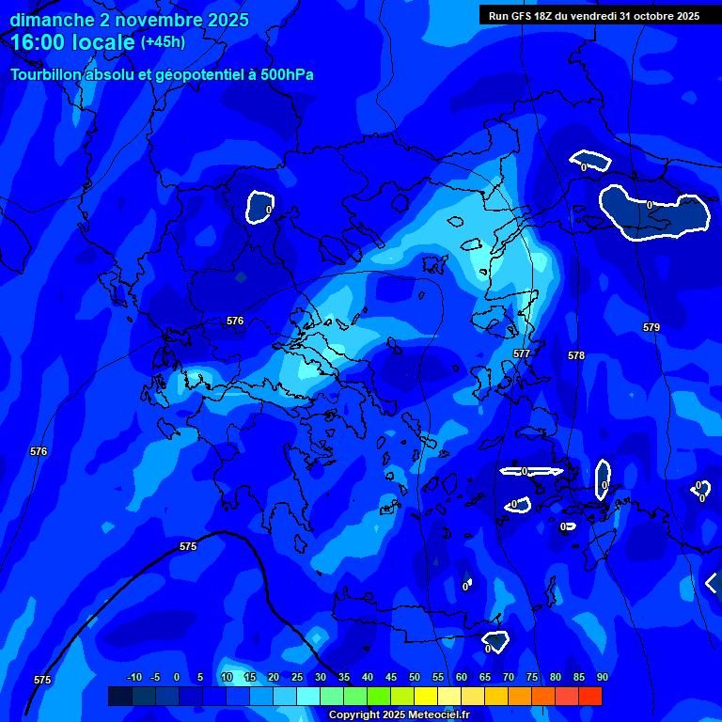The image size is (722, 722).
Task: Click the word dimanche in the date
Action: pos(47,20)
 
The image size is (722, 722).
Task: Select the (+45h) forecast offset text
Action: pos(163,42)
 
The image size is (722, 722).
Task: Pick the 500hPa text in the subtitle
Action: pos(285,74)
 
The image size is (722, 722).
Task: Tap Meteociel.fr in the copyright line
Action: pos(438,715)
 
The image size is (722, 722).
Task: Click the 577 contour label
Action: pos(522,353)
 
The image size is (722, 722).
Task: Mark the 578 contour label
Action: pos(576,355)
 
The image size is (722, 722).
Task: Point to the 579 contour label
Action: pos(651,327)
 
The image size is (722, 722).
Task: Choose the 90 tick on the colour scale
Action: pos(602,677)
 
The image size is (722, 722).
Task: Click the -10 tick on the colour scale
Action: pos(133,677)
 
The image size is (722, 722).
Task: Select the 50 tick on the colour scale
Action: pos(414,677)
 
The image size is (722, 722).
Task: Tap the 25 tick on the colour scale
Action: pos(296,677)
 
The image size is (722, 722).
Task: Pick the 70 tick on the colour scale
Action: pos(508,677)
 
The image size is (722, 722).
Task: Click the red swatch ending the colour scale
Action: pos(589,696)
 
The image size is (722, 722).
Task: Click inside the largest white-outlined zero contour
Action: pos(653,214)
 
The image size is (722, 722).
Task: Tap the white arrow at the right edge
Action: pos(712,583)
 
